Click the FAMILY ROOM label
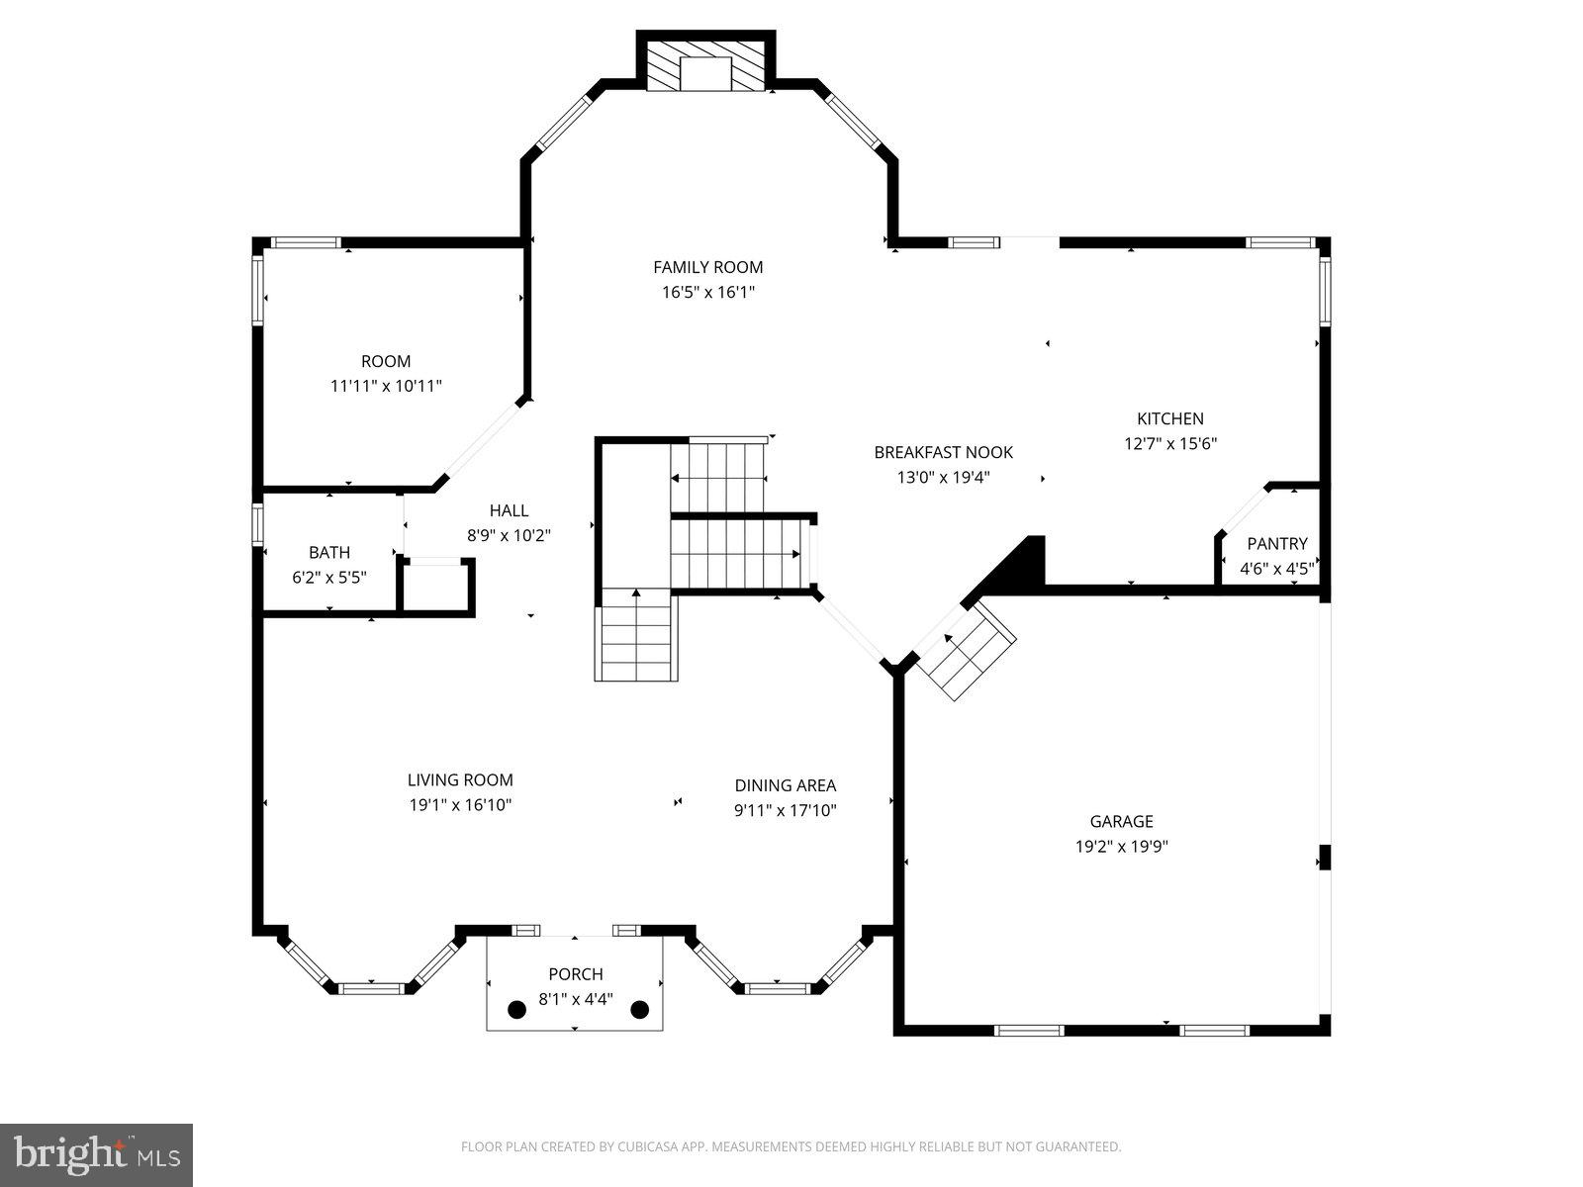(x=707, y=267)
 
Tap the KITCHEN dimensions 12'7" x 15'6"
(x=1169, y=444)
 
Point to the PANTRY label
(x=1276, y=543)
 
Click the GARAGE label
(x=1121, y=821)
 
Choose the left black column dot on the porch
(x=516, y=1010)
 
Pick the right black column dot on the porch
(x=639, y=1010)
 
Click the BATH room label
(x=328, y=552)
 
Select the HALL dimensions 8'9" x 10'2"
(x=509, y=536)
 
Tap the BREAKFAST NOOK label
(x=943, y=452)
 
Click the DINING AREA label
(x=785, y=785)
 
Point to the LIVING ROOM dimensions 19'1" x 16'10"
(x=460, y=805)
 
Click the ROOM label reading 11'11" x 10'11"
(x=385, y=361)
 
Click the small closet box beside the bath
(x=436, y=589)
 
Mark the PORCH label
(x=575, y=974)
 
